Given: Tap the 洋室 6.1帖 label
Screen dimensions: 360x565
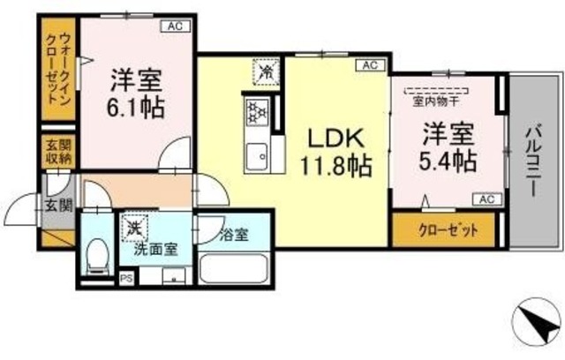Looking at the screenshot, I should [139, 94].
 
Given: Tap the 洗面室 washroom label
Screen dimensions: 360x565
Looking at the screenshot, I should [156, 249].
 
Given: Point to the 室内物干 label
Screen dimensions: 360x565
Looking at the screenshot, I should [436, 99].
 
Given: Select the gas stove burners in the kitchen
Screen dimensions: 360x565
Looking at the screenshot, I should [257, 112].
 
